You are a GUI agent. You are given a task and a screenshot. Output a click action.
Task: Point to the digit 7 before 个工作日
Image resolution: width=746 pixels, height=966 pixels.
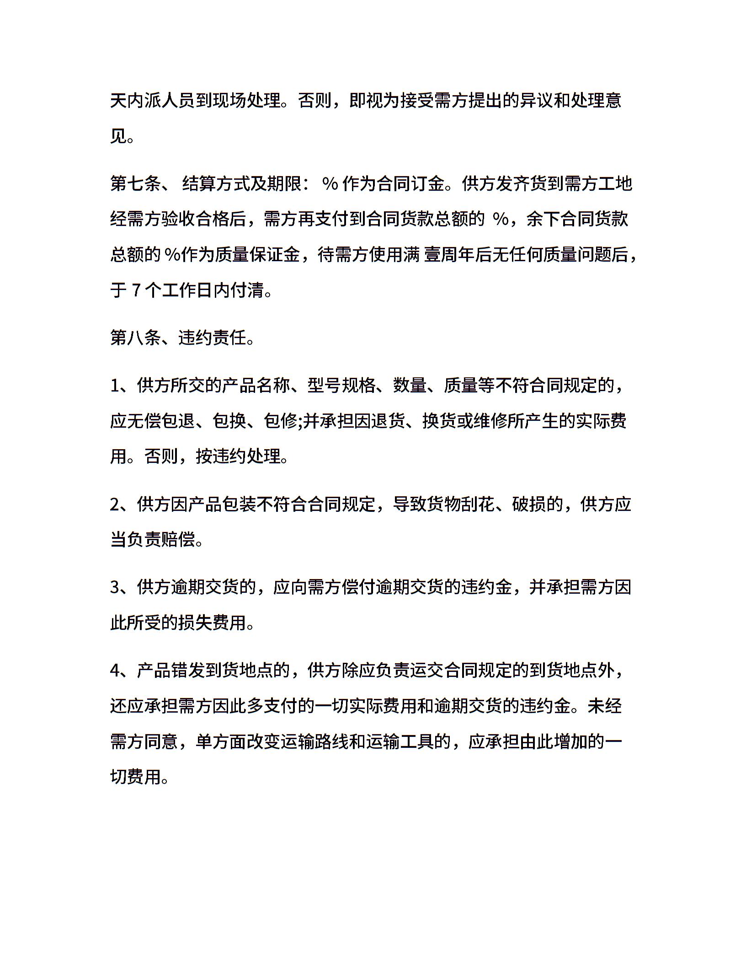pyautogui.click(x=136, y=290)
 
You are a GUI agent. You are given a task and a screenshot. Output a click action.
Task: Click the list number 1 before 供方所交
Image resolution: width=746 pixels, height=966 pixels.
pyautogui.click(x=115, y=386)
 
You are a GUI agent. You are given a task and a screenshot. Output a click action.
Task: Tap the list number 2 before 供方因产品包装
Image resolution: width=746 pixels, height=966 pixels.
pyautogui.click(x=115, y=504)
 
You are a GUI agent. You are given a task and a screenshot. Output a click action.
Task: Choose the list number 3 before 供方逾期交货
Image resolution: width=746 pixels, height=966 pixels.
pyautogui.click(x=115, y=587)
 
